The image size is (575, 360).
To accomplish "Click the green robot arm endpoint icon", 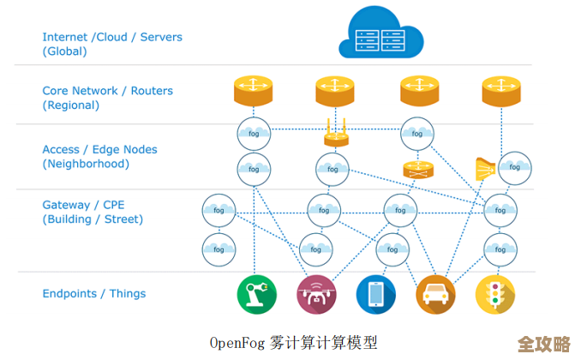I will [x=256, y=294].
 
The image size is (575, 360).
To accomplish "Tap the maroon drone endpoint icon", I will [x=316, y=294].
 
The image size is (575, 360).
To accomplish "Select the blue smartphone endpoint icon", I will [x=376, y=294].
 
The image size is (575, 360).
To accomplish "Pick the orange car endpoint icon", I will [x=435, y=294].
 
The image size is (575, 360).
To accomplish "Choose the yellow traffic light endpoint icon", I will [x=495, y=294].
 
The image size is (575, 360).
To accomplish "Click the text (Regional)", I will [x=71, y=105].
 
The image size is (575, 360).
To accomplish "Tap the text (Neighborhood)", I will [x=86, y=164].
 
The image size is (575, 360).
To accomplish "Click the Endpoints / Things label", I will [x=94, y=293].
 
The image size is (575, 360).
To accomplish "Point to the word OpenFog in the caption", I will [x=239, y=342].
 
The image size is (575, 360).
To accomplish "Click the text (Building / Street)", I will [x=93, y=219].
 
